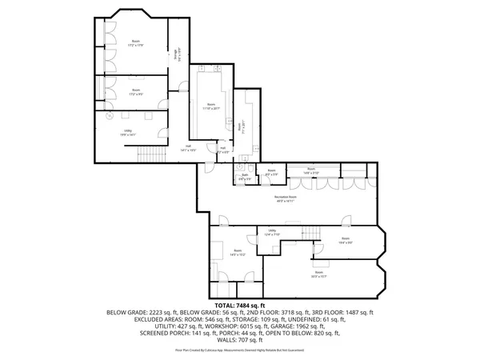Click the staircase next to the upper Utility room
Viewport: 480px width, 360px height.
pos(149,152)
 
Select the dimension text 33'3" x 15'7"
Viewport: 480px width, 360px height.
pos(320,277)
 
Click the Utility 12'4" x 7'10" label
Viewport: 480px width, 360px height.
pos(271,233)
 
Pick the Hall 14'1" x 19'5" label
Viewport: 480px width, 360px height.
pos(188,149)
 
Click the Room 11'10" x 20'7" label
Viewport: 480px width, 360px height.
pos(210,106)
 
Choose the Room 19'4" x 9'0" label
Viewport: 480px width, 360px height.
pos(345,240)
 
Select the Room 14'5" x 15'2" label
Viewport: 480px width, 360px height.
pos(237,253)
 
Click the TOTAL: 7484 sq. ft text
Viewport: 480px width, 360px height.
pos(239,305)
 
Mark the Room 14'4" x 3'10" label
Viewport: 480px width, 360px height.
pos(311,171)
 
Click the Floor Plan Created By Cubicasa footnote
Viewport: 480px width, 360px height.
pos(239,350)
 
